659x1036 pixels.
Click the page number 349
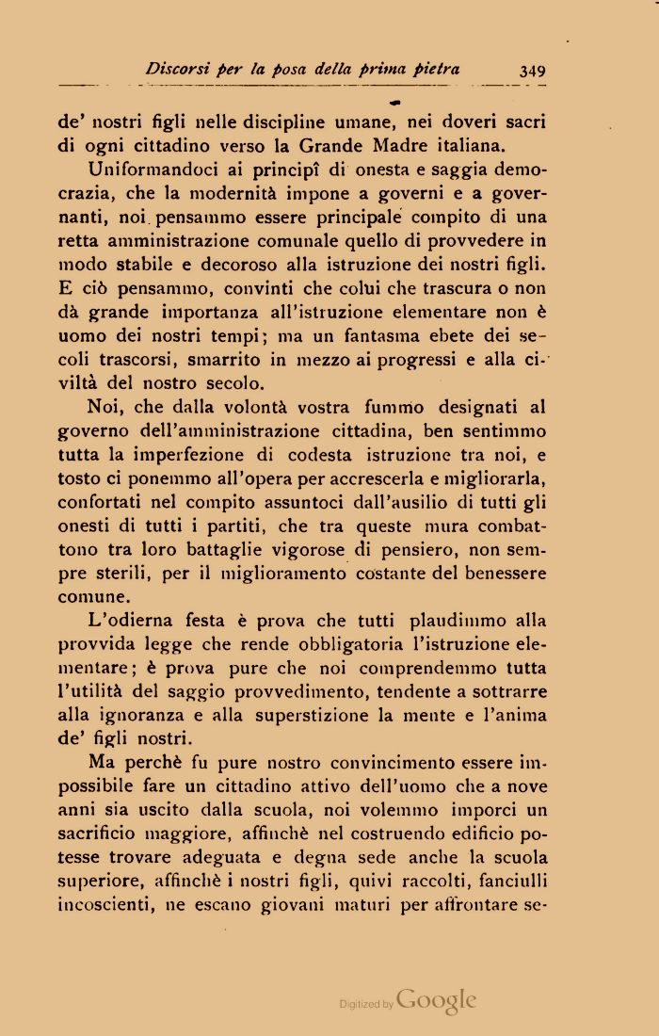coord(531,70)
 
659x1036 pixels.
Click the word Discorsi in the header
coord(178,69)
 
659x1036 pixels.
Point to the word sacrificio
coord(102,834)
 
